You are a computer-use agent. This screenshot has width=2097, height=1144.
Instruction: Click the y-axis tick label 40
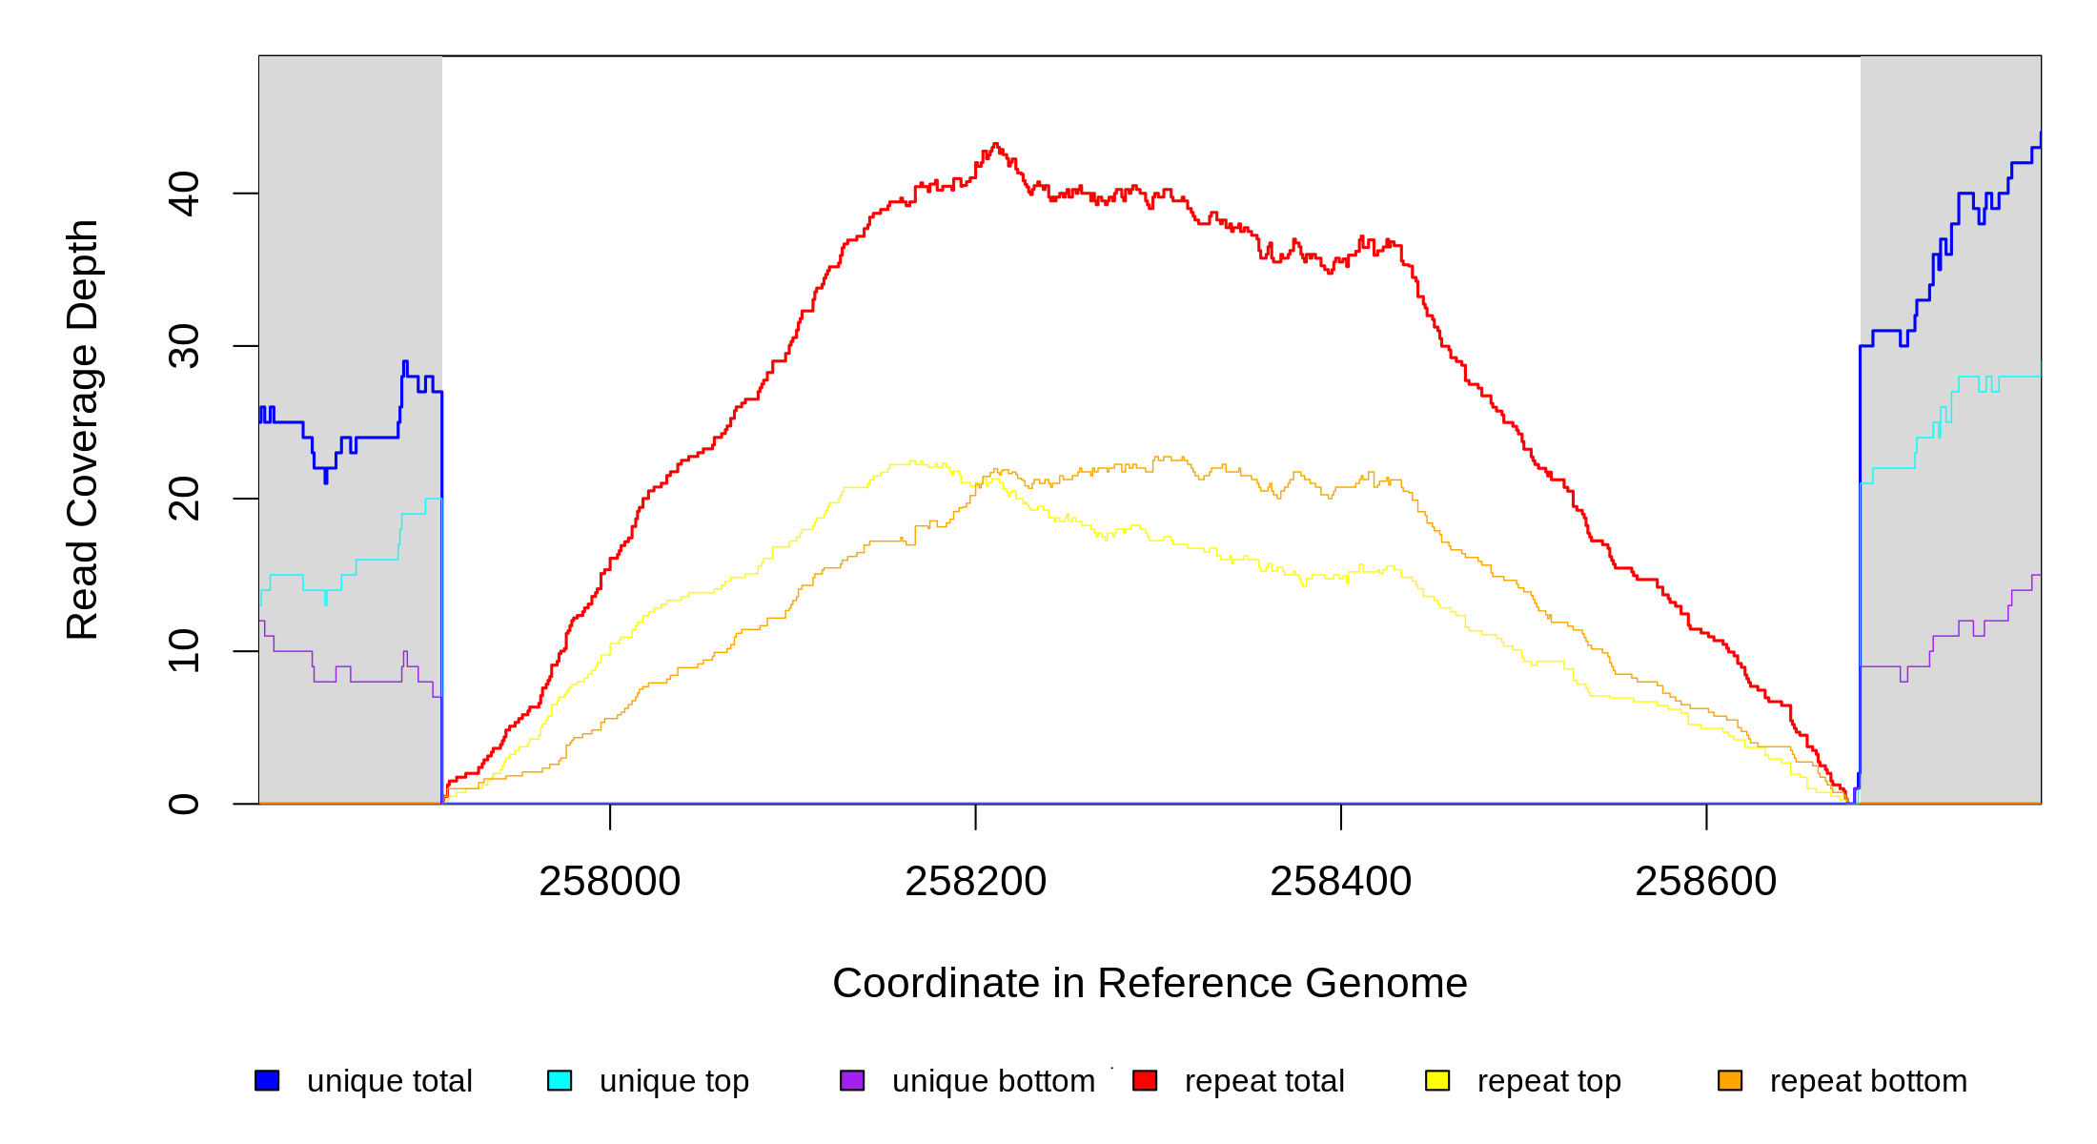(x=183, y=194)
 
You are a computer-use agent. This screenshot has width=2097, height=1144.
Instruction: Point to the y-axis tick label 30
(x=183, y=346)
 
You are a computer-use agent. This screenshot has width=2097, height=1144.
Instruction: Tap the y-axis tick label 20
(x=183, y=499)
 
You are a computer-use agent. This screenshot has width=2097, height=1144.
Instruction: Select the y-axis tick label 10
(x=183, y=651)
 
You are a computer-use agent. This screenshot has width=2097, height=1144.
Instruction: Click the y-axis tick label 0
(x=183, y=804)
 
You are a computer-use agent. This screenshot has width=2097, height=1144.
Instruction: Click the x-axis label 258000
(x=609, y=882)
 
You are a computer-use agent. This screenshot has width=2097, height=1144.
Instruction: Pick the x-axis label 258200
(x=975, y=882)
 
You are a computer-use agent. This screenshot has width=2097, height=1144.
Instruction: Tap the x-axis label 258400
(x=1340, y=882)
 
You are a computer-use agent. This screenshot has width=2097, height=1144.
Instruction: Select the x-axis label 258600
(x=1705, y=882)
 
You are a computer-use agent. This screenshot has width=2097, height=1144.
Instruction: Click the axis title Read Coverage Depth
(x=82, y=429)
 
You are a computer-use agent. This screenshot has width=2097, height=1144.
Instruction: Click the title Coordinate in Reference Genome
(x=1150, y=983)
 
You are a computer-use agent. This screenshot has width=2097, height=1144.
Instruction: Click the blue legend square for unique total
(x=267, y=1080)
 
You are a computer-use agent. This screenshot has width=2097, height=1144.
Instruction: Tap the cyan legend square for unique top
(x=560, y=1080)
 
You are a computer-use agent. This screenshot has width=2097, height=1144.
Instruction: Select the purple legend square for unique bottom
(x=852, y=1080)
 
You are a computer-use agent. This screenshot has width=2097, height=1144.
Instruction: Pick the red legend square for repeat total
(x=1145, y=1080)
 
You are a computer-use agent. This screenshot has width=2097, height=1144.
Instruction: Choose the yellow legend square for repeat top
(x=1437, y=1080)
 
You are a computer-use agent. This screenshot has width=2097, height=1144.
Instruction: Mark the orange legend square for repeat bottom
(x=1730, y=1080)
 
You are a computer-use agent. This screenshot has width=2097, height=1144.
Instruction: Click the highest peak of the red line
(x=995, y=145)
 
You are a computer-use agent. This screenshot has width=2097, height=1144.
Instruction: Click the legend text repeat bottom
(x=1868, y=1081)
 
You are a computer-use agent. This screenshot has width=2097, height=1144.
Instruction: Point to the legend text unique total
(x=389, y=1081)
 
